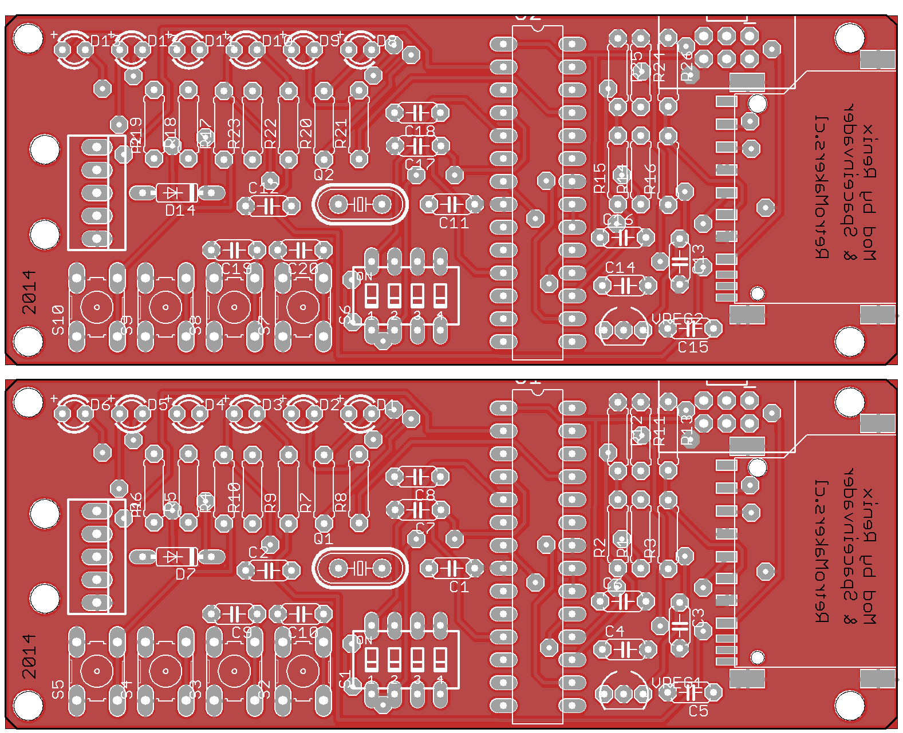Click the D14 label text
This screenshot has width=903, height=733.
point(180,211)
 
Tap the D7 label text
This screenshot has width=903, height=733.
point(186,574)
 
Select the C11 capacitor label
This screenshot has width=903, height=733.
point(454,223)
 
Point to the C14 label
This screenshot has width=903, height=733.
point(620,267)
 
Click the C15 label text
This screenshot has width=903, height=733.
point(693,347)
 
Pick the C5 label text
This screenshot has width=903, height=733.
point(698,711)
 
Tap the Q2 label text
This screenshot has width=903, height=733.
point(324,175)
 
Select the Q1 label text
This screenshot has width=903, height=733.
point(324,538)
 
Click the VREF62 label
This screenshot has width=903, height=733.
point(677,319)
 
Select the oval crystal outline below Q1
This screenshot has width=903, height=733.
point(360,568)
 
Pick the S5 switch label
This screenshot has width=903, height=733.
point(58,689)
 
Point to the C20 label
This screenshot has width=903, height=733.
point(303,269)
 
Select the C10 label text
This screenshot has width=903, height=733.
point(303,632)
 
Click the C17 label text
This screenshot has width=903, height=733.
point(420,165)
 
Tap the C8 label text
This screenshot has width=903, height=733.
point(425,494)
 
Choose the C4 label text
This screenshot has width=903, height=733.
point(614,631)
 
